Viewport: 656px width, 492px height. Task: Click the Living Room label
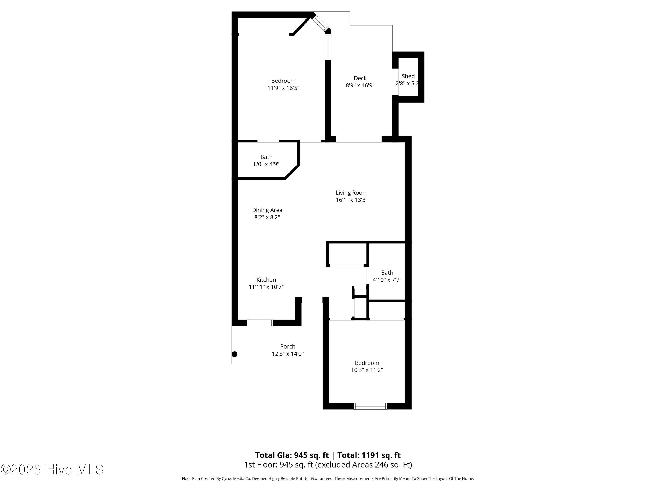point(351,193)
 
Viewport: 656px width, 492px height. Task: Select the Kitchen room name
point(266,280)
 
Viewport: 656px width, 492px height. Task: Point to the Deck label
point(360,78)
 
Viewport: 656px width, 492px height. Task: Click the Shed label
point(408,76)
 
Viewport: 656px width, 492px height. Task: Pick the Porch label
point(288,346)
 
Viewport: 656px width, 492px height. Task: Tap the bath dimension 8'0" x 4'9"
point(266,164)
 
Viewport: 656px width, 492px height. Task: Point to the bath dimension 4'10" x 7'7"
point(387,280)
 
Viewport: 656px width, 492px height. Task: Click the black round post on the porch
point(235,354)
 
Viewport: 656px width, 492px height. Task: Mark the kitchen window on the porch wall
point(260,323)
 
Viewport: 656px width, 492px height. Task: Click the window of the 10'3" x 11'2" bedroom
point(370,406)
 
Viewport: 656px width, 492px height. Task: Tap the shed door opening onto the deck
point(395,82)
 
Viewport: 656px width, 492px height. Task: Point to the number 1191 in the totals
point(369,455)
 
